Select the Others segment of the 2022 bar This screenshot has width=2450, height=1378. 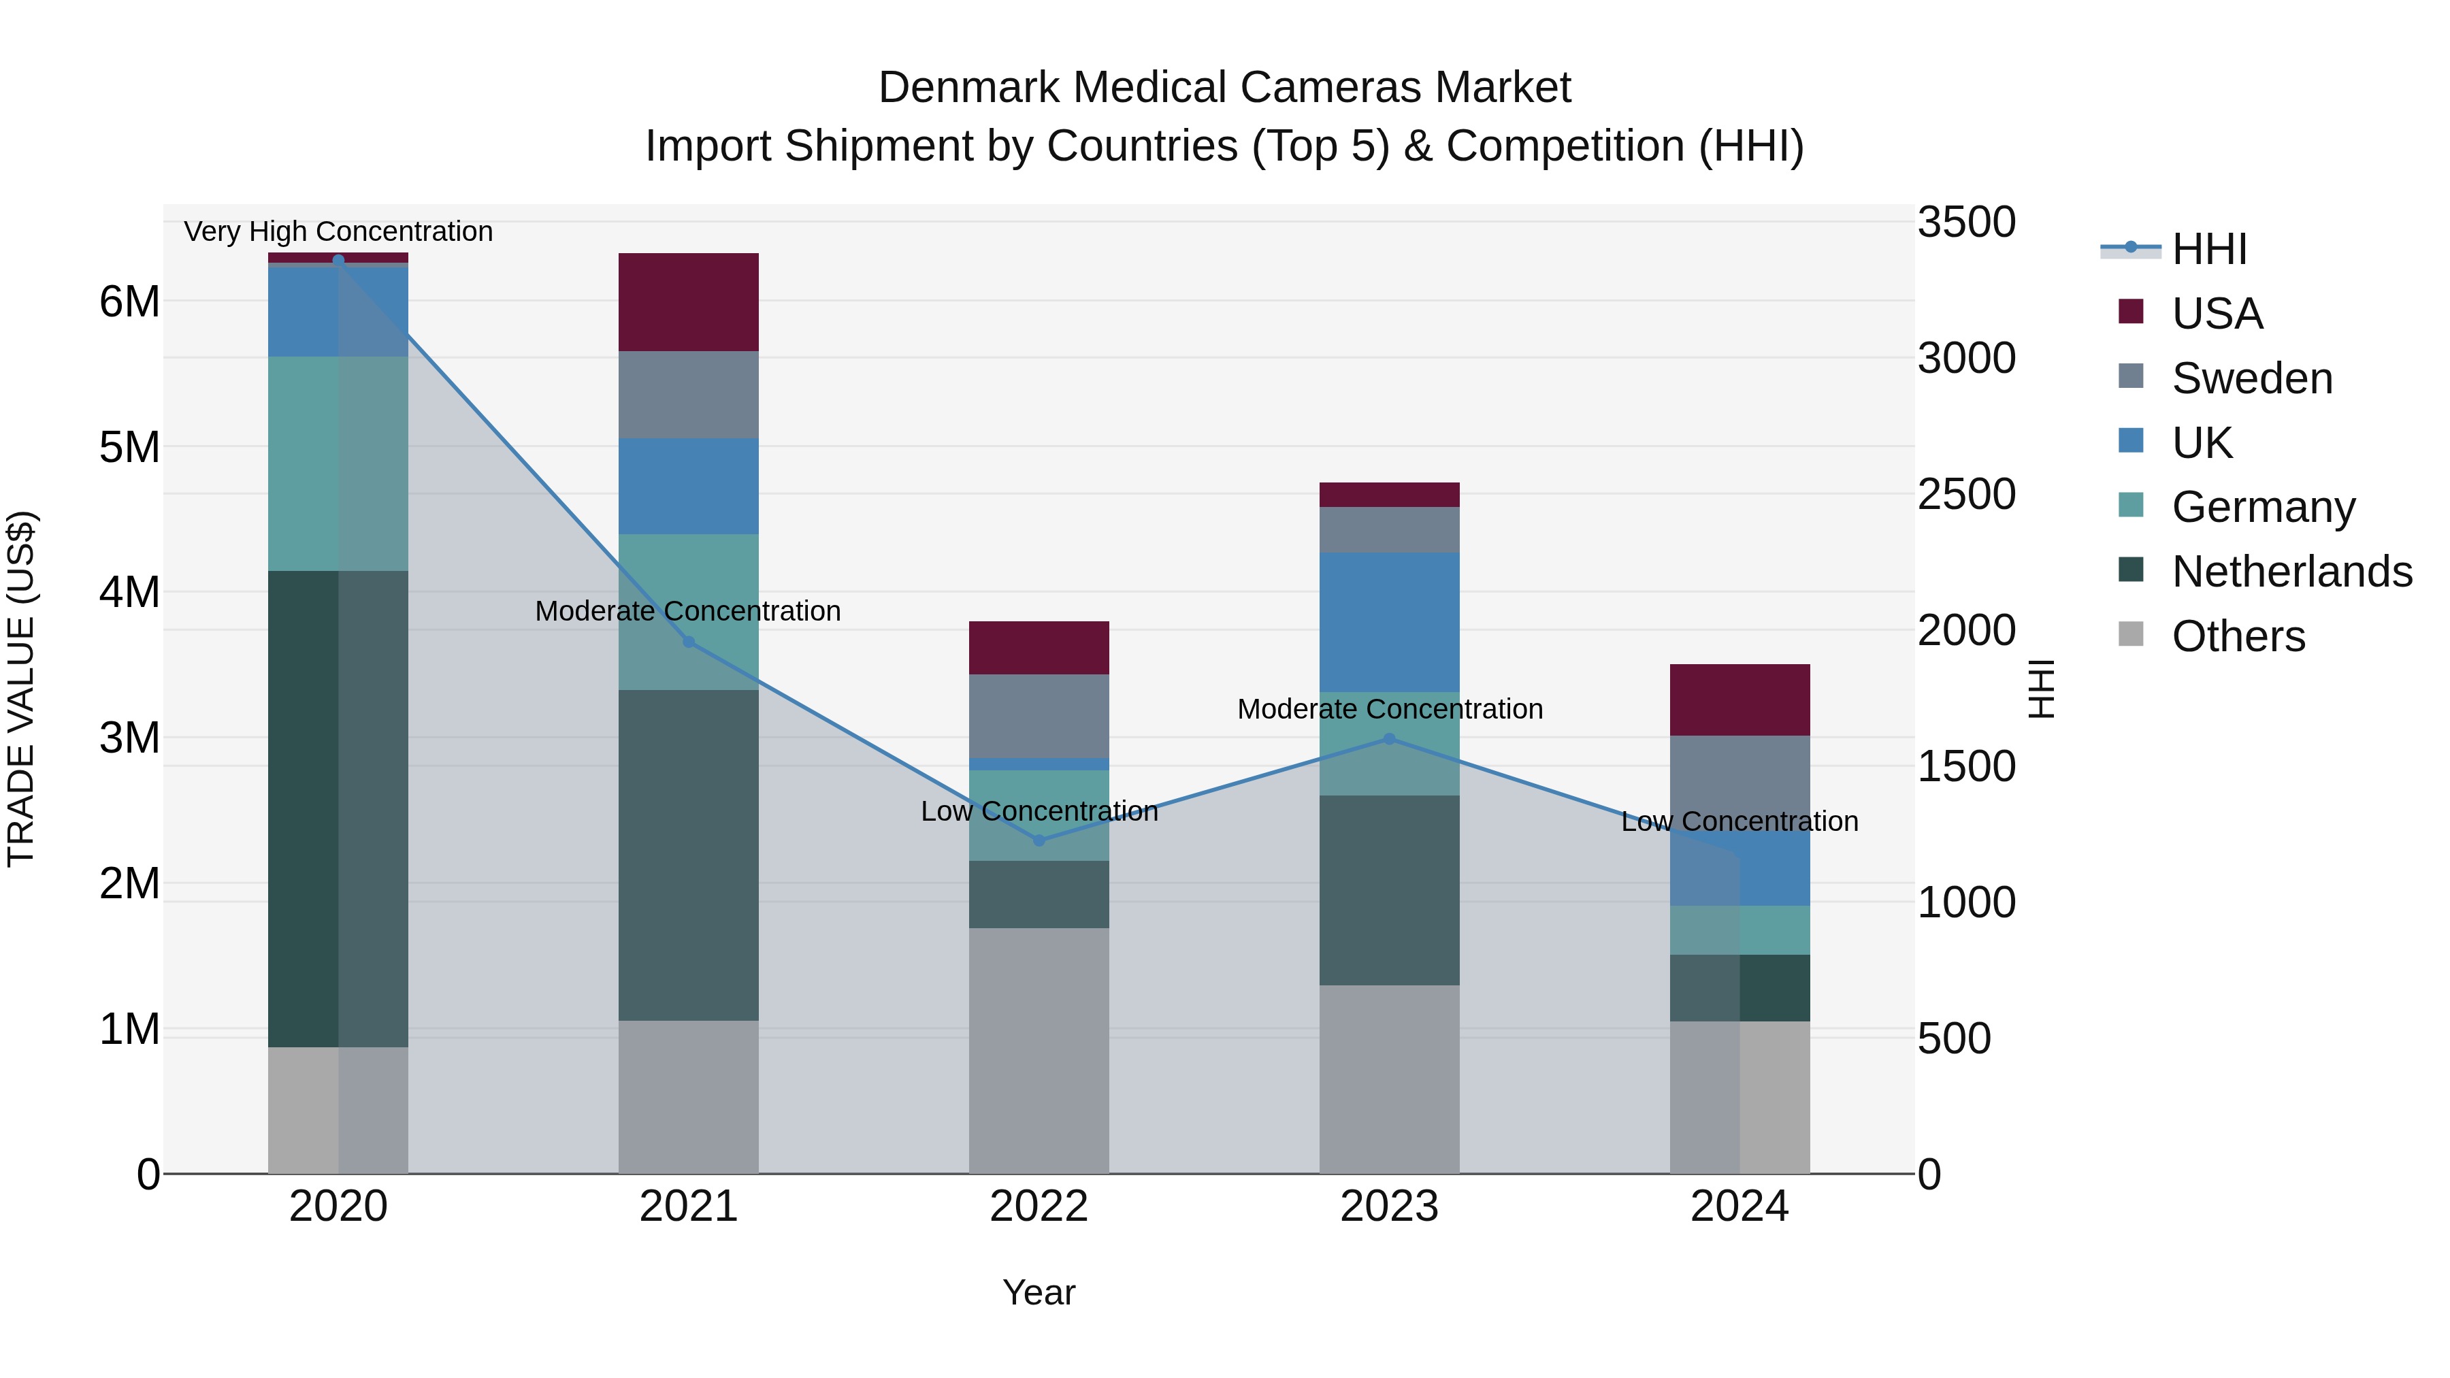point(1039,1050)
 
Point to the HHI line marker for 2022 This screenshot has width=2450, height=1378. point(1039,840)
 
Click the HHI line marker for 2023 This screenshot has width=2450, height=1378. point(1388,739)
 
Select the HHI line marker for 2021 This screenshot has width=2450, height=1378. point(689,642)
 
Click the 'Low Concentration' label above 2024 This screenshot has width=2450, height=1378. point(1739,821)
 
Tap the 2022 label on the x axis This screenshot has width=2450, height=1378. point(1039,1207)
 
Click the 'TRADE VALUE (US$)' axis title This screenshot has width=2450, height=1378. point(22,689)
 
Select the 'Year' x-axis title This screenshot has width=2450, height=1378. point(1039,1292)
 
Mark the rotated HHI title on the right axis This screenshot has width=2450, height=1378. point(2042,689)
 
